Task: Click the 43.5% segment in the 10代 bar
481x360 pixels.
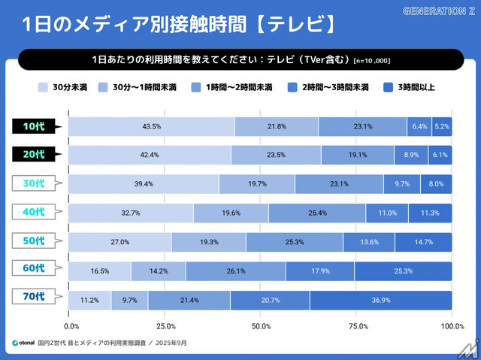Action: click(x=151, y=126)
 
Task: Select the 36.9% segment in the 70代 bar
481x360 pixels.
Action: click(x=380, y=300)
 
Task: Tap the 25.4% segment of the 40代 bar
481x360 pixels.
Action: click(x=317, y=213)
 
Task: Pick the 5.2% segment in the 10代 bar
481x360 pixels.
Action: click(x=442, y=126)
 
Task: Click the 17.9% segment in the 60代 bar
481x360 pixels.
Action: click(x=320, y=271)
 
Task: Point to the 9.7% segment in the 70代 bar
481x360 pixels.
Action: click(x=129, y=300)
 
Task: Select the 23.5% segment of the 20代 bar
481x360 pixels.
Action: click(x=276, y=155)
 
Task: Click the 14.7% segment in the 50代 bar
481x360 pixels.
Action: click(x=424, y=242)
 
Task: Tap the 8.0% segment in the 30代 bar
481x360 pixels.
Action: click(x=436, y=184)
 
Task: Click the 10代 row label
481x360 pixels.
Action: click(x=34, y=126)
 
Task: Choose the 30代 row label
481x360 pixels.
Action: click(x=34, y=184)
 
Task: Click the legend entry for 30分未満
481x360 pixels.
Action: click(x=65, y=87)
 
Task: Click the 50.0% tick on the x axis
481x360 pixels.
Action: click(x=261, y=325)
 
